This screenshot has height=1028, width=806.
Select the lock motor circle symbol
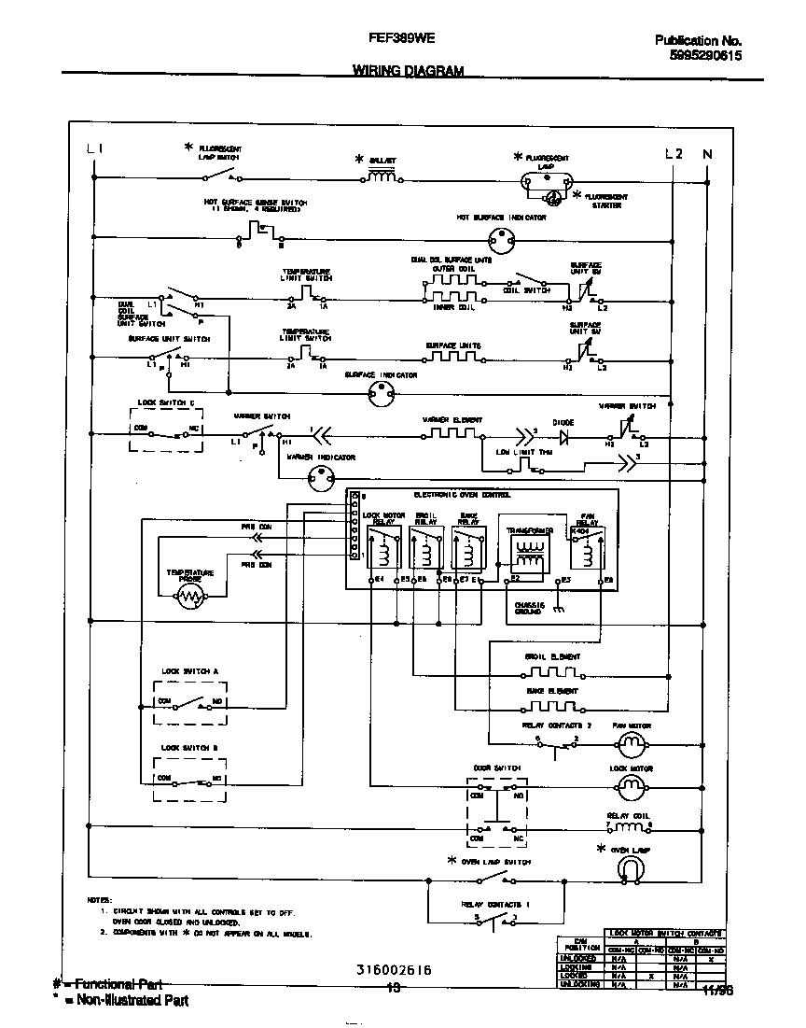point(632,788)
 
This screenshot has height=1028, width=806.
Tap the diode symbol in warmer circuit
point(563,434)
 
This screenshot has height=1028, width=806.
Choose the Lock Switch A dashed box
point(189,700)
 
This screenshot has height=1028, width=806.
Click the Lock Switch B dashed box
point(189,778)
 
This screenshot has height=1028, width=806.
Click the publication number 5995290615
point(705,56)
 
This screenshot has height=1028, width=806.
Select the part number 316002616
point(393,970)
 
